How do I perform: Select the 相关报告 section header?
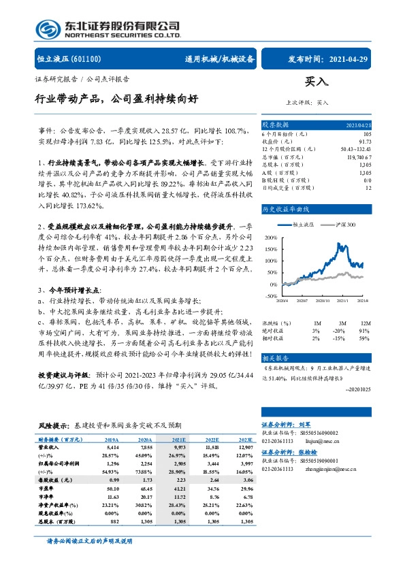tap(276, 357)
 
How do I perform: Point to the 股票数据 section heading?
tap(276, 125)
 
